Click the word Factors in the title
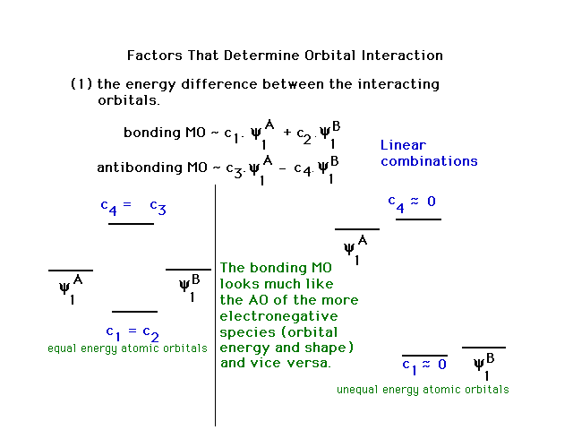(x=155, y=56)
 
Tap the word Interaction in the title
(x=402, y=56)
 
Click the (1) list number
(x=81, y=84)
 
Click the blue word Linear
(x=403, y=145)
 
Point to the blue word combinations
(x=429, y=161)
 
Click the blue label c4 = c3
(x=133, y=207)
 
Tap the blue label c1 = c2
(x=133, y=332)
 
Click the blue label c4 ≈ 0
(x=412, y=203)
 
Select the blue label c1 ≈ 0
(x=424, y=366)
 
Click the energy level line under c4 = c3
(x=131, y=224)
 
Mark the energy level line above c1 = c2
(x=134, y=312)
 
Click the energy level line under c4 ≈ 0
(x=418, y=219)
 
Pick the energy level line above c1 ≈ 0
(x=424, y=356)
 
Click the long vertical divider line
(x=215, y=305)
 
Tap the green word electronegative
(x=278, y=316)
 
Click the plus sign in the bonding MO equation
(x=287, y=132)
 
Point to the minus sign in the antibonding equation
(x=282, y=169)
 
